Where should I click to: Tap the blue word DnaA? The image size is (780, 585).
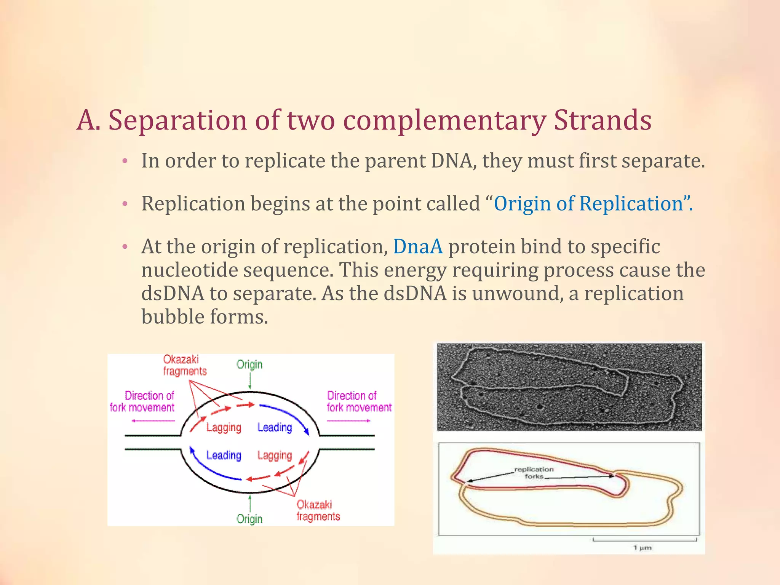click(418, 246)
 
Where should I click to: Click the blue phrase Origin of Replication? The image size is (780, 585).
click(588, 203)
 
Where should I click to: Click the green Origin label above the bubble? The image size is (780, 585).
click(249, 364)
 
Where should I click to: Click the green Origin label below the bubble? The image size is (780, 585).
click(249, 519)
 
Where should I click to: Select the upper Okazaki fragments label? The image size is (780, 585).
click(185, 365)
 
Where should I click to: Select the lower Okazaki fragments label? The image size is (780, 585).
click(318, 510)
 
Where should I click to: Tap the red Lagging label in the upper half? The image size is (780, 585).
click(224, 428)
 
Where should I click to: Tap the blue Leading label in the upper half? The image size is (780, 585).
click(275, 428)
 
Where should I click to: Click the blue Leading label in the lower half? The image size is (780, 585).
click(224, 455)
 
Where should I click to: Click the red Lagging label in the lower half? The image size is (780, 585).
click(275, 455)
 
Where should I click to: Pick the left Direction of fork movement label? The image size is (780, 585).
click(142, 401)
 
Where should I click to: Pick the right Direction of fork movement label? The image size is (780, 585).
click(359, 401)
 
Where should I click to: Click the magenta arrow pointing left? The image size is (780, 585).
click(153, 421)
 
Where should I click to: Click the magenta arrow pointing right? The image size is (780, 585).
click(348, 421)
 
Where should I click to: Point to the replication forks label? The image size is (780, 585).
click(534, 473)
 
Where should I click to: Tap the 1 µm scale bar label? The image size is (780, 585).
click(643, 548)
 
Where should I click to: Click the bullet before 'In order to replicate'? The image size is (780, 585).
click(125, 161)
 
